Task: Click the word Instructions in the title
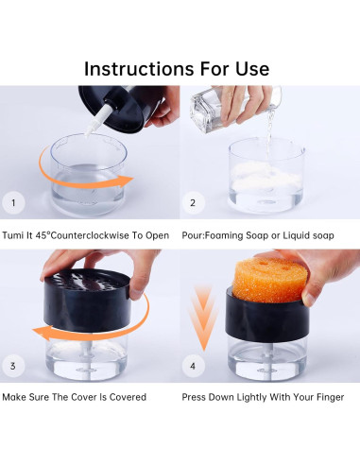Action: pos(139,69)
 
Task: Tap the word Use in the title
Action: pos(252,69)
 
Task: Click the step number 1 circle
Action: pos(13,202)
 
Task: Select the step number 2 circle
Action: pos(193,202)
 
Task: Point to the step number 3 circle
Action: pos(13,366)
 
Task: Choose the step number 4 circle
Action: pos(193,366)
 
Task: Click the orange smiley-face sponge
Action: pos(266,280)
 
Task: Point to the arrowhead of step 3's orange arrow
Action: pos(41,334)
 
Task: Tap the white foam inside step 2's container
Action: pos(266,177)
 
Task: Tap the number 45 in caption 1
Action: pos(41,235)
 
